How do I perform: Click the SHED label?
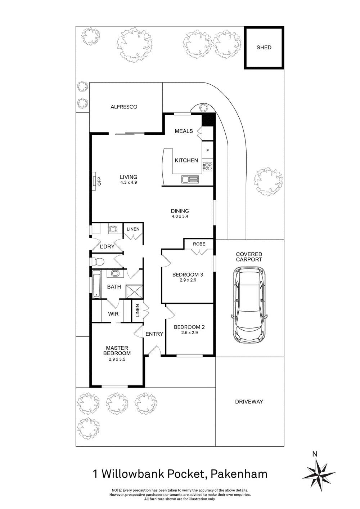(264, 48)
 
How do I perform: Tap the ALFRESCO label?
(124, 107)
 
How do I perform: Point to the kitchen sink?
(190, 179)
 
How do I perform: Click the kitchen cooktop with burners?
(207, 166)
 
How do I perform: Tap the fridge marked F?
(207, 151)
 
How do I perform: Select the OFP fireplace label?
(100, 181)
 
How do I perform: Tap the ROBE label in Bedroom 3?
(199, 244)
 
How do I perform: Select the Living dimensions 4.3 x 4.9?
(129, 183)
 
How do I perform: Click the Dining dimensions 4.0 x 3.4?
(180, 216)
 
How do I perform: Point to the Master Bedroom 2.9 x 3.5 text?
(117, 359)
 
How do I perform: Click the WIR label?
(113, 314)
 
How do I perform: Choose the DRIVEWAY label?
(249, 402)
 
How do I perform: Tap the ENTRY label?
(154, 334)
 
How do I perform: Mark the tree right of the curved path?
(268, 182)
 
